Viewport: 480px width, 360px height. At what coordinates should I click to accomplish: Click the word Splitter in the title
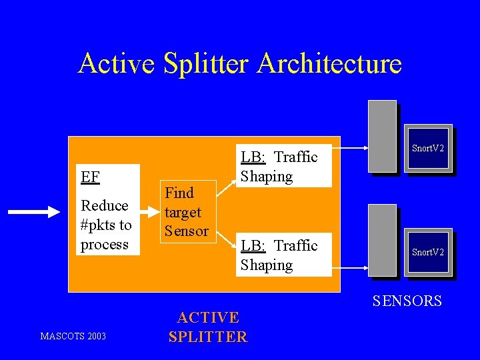[205, 64]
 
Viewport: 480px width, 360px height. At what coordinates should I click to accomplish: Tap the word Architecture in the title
[329, 64]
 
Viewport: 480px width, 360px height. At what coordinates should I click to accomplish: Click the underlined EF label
[90, 177]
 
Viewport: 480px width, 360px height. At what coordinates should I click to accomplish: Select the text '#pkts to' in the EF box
[106, 225]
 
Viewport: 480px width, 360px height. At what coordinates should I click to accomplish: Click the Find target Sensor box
[187, 212]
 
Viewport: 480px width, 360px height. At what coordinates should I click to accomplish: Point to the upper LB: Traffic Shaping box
[284, 167]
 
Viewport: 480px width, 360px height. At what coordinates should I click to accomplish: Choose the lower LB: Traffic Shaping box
[284, 255]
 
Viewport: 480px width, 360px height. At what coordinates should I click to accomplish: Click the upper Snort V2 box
[427, 148]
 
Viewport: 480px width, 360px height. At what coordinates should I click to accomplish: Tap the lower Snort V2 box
[427, 252]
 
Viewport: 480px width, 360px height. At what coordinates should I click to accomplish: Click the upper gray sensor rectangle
[382, 136]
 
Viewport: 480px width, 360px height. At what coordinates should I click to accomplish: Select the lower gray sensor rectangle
[382, 240]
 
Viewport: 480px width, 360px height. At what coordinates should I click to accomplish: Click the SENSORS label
[407, 301]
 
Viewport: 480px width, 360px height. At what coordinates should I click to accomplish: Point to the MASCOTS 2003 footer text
[73, 336]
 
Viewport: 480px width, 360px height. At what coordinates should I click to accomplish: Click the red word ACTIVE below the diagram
[207, 317]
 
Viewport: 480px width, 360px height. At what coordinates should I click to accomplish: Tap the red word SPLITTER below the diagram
[207, 337]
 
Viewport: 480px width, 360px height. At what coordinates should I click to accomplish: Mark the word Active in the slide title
[116, 64]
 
